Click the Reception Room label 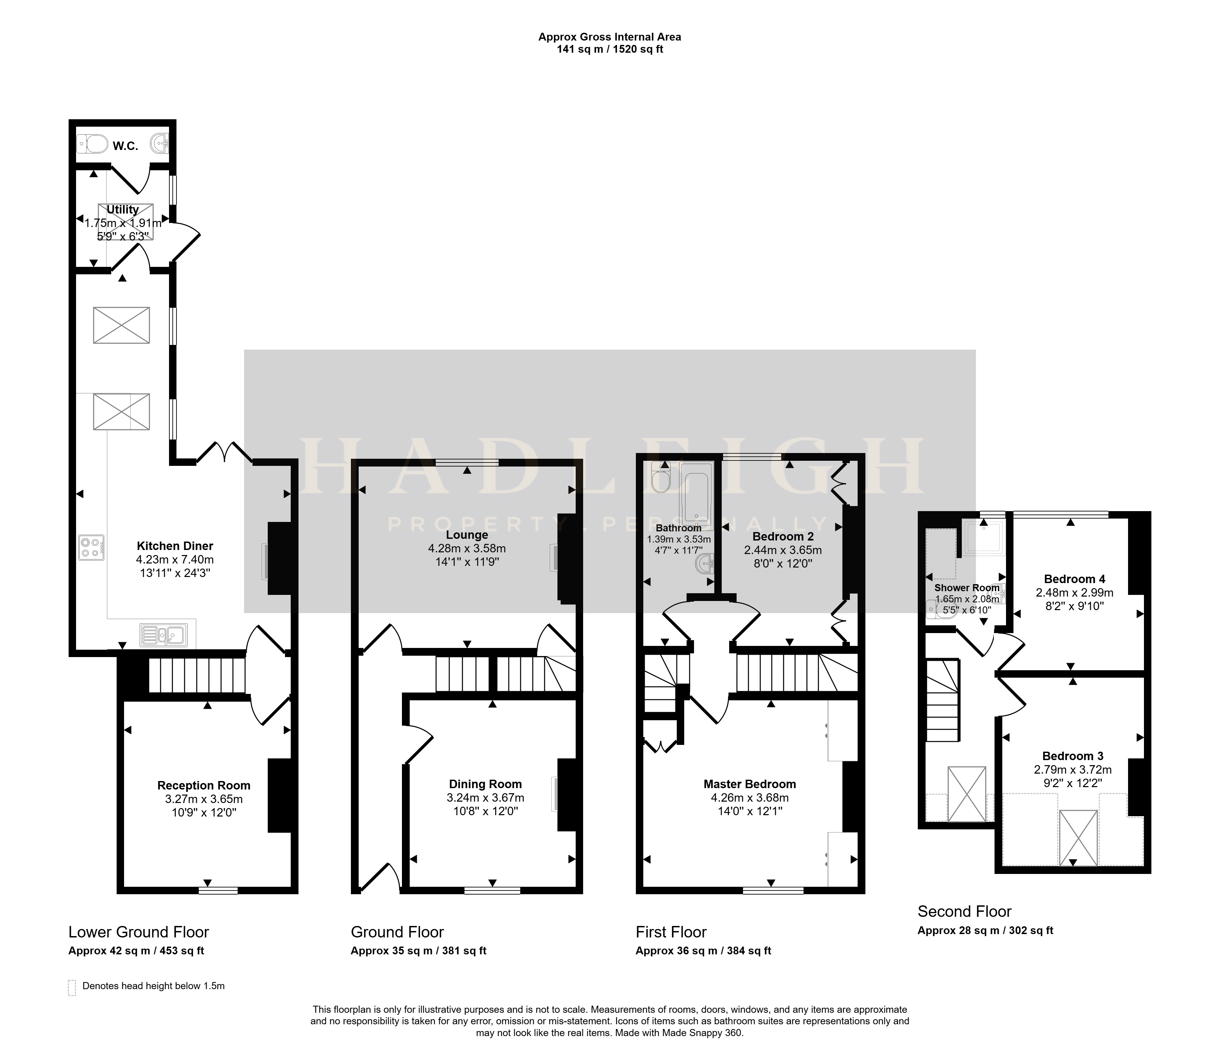204,786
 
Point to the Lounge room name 467,535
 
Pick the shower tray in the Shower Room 984,537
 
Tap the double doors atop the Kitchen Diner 224,453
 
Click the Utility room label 122,209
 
